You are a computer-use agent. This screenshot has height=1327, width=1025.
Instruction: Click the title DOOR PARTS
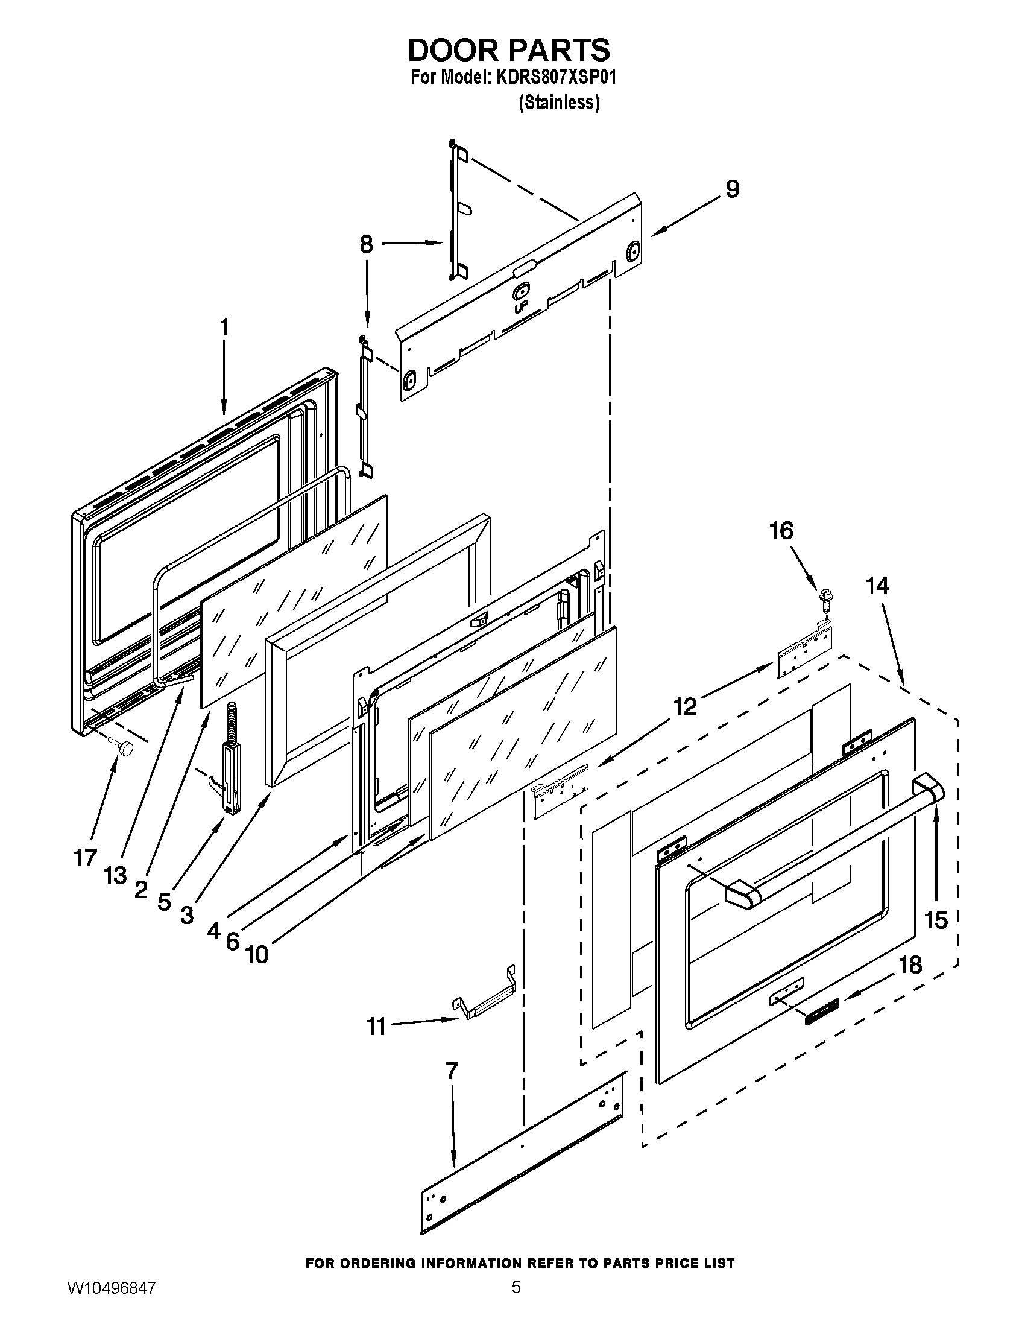click(x=509, y=50)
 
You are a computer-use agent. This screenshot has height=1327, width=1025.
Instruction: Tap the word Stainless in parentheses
click(x=559, y=103)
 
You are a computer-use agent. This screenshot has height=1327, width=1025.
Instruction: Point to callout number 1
click(x=224, y=327)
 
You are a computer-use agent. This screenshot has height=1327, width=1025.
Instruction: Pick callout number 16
click(x=781, y=530)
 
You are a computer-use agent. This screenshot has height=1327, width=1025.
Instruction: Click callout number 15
click(x=936, y=920)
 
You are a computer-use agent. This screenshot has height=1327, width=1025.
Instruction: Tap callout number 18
click(x=911, y=964)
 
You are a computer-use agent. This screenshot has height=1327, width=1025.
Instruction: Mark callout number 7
click(x=451, y=1071)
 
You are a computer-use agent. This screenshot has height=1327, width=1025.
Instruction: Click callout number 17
click(x=86, y=857)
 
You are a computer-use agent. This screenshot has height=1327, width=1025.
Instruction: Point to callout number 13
click(x=115, y=875)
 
